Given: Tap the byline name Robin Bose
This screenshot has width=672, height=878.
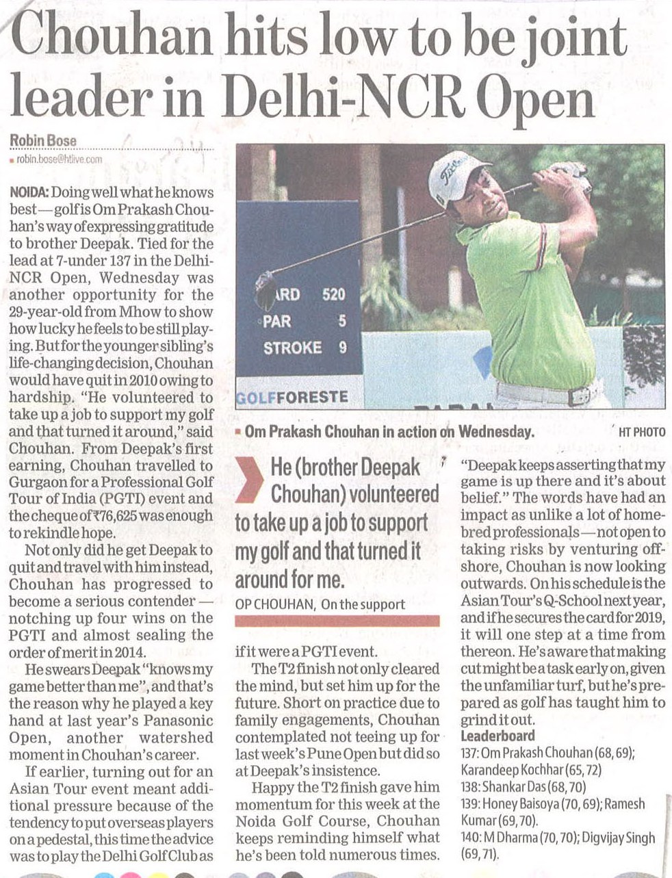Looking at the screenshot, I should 43,141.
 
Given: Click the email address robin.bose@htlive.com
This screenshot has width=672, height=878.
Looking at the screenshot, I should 59,159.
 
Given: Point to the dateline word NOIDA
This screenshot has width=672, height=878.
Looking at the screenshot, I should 29,193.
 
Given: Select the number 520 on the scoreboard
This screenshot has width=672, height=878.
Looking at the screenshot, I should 333,295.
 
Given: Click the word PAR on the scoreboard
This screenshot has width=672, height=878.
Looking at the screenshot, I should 277,321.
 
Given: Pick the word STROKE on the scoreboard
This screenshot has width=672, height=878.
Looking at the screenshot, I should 293,348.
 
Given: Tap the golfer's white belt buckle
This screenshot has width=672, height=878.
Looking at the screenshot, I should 582,396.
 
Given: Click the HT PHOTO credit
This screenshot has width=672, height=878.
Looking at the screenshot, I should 641,432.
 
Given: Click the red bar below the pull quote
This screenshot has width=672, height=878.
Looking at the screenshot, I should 337,620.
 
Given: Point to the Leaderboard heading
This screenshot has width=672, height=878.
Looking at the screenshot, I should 497,736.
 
